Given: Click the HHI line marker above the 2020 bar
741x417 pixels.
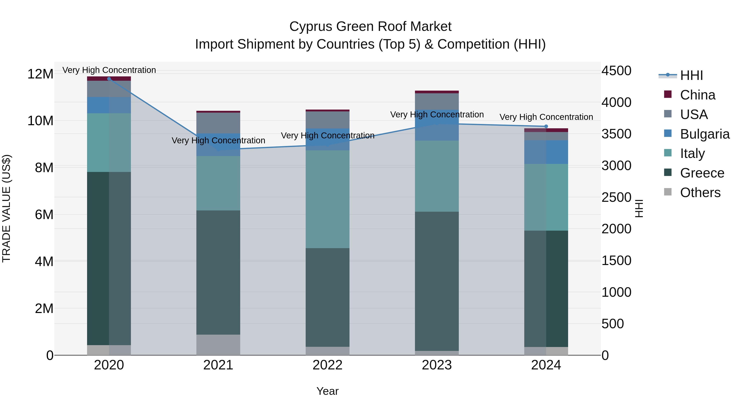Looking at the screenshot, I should [x=109, y=79].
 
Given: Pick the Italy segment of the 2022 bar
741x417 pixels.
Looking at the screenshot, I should [x=327, y=199].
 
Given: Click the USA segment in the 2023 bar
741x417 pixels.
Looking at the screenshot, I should [x=437, y=101].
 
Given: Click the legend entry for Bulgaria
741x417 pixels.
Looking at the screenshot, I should [x=705, y=134].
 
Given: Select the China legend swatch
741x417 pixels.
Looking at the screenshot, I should [x=668, y=94].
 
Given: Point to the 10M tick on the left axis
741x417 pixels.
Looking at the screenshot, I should [x=40, y=121].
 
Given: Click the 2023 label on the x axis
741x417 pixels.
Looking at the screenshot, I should [x=437, y=365].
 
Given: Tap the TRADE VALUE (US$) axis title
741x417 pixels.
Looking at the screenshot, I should [x=7, y=208].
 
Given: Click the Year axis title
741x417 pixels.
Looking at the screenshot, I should [x=327, y=391].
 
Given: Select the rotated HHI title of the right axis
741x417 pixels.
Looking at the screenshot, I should [x=638, y=208].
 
